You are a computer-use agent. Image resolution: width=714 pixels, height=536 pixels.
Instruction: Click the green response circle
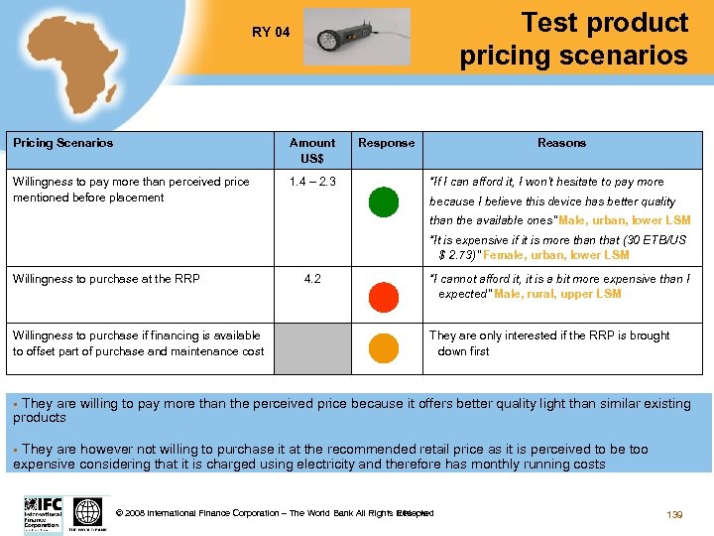pos(383,201)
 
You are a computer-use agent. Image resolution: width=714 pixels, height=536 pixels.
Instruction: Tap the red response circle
pos(383,296)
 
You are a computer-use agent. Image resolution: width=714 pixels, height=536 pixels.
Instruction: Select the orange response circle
pos(383,347)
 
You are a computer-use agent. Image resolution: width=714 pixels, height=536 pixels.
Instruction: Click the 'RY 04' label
pos(271,32)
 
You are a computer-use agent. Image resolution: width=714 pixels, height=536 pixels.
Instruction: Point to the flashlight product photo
pos(356,37)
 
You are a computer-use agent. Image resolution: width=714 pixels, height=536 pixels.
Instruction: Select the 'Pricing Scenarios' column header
pos(62,143)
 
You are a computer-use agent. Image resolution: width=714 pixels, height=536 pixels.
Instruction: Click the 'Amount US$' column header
pos(312,150)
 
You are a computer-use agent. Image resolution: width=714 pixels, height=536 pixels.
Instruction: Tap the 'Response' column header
pos(386,143)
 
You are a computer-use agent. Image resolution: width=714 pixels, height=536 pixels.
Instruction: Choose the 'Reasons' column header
pos(561,143)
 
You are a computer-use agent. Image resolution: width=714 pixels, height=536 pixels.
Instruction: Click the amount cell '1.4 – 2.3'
pos(312,182)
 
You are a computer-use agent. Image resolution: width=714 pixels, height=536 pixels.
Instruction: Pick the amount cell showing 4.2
pos(312,279)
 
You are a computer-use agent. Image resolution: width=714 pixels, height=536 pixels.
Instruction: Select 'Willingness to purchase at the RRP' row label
pos(106,279)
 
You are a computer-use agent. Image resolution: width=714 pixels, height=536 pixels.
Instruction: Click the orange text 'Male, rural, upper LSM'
pos(557,294)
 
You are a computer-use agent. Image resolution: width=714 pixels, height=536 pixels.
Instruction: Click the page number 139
pos(674,514)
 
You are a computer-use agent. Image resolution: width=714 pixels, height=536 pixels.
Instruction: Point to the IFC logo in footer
pos(43,514)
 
